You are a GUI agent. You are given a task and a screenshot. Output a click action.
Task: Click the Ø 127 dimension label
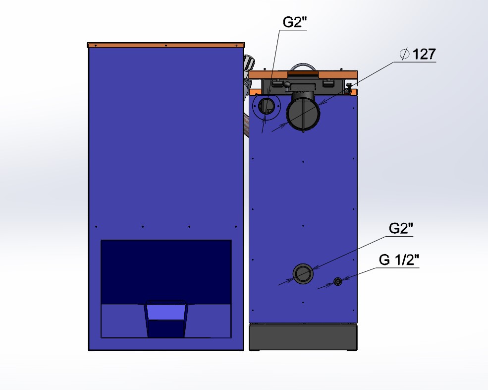pyautogui.click(x=418, y=54)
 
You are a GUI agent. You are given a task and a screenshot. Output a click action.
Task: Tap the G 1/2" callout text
pyautogui.click(x=399, y=260)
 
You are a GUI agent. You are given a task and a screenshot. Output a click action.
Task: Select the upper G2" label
pyautogui.click(x=294, y=22)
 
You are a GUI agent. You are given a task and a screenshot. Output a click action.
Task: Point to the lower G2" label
pyautogui.click(x=401, y=229)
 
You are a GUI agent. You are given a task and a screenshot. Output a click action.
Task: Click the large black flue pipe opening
pyautogui.click(x=303, y=114)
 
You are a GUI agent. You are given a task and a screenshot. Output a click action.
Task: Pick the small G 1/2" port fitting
pyautogui.click(x=338, y=281)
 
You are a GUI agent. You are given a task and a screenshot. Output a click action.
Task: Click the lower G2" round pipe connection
pyautogui.click(x=303, y=274)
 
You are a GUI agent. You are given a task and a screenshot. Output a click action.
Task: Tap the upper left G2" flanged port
pyautogui.click(x=267, y=106)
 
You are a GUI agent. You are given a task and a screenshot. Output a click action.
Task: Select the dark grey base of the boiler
pyautogui.click(x=303, y=337)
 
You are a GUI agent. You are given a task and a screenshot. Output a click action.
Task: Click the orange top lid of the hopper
pyautogui.click(x=166, y=45)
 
